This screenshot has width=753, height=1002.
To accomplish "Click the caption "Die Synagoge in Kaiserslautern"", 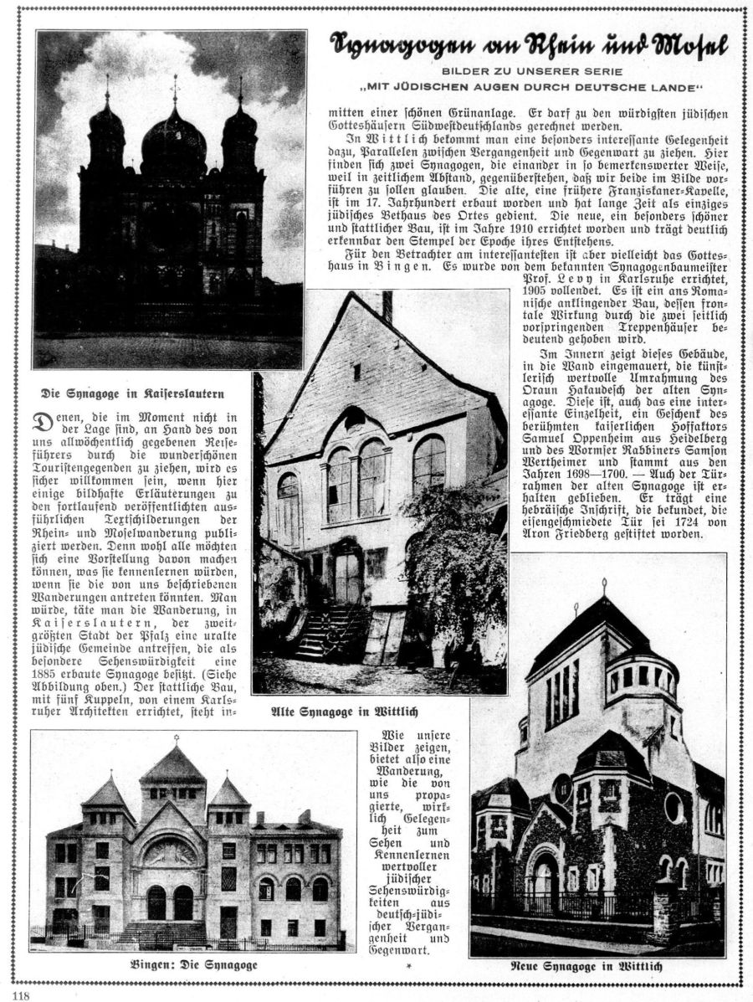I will (x=134, y=393).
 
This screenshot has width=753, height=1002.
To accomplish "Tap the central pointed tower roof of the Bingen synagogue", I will (x=173, y=766).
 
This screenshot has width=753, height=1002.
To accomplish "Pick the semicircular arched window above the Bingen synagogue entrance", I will (x=171, y=851).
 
